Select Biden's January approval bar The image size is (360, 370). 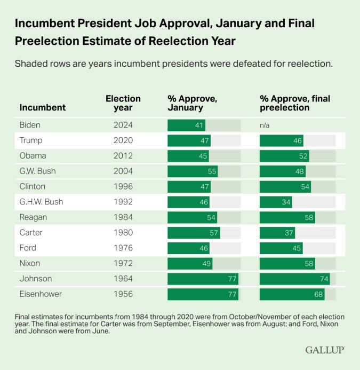(x=186, y=125)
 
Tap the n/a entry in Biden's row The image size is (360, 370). (x=265, y=125)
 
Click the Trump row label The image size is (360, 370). (x=30, y=141)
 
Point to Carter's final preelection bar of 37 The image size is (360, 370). (x=277, y=233)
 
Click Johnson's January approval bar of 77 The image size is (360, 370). (x=203, y=279)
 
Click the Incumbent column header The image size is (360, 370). (x=43, y=107)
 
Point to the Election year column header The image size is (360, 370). (x=123, y=103)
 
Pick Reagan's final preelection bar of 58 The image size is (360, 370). (x=287, y=217)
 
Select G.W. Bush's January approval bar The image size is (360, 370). (x=193, y=171)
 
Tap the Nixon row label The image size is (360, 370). (x=30, y=263)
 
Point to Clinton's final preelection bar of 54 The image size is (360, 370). (x=285, y=187)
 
